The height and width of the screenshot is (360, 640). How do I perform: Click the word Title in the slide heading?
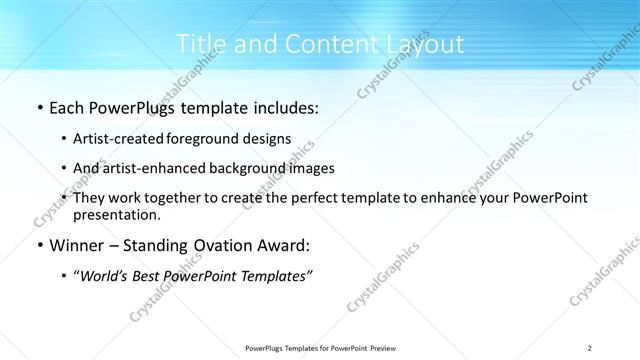(x=198, y=44)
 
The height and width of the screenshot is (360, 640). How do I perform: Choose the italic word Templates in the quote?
(x=273, y=276)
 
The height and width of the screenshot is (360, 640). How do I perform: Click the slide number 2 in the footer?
(x=590, y=348)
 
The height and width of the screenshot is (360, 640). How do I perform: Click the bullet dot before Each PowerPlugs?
(x=39, y=108)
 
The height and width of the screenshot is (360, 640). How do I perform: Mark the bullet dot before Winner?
(x=39, y=246)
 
